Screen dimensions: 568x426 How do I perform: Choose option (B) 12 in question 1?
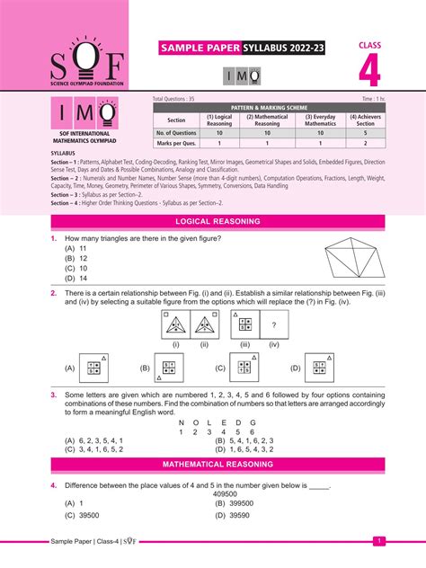tap(75, 258)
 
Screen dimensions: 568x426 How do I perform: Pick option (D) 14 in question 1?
tap(75, 278)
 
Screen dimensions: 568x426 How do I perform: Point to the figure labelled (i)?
tap(175, 326)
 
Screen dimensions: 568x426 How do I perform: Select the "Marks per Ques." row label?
tap(176, 142)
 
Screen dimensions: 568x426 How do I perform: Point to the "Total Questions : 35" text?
tap(173, 98)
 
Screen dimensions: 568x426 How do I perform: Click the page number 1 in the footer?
tap(378, 541)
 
